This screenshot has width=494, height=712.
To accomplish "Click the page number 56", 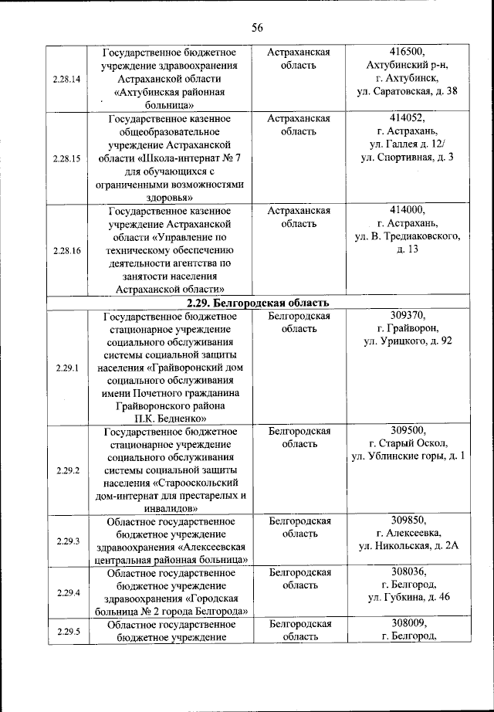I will (257, 28).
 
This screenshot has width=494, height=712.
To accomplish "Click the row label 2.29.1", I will (67, 368).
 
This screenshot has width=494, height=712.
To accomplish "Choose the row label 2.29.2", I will (67, 470).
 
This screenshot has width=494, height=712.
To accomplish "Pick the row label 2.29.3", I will (67, 541).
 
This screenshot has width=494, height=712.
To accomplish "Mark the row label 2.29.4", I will (67, 592).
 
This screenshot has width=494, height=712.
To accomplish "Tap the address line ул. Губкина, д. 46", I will (408, 598).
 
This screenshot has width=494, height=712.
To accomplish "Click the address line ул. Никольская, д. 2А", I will (408, 547).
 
